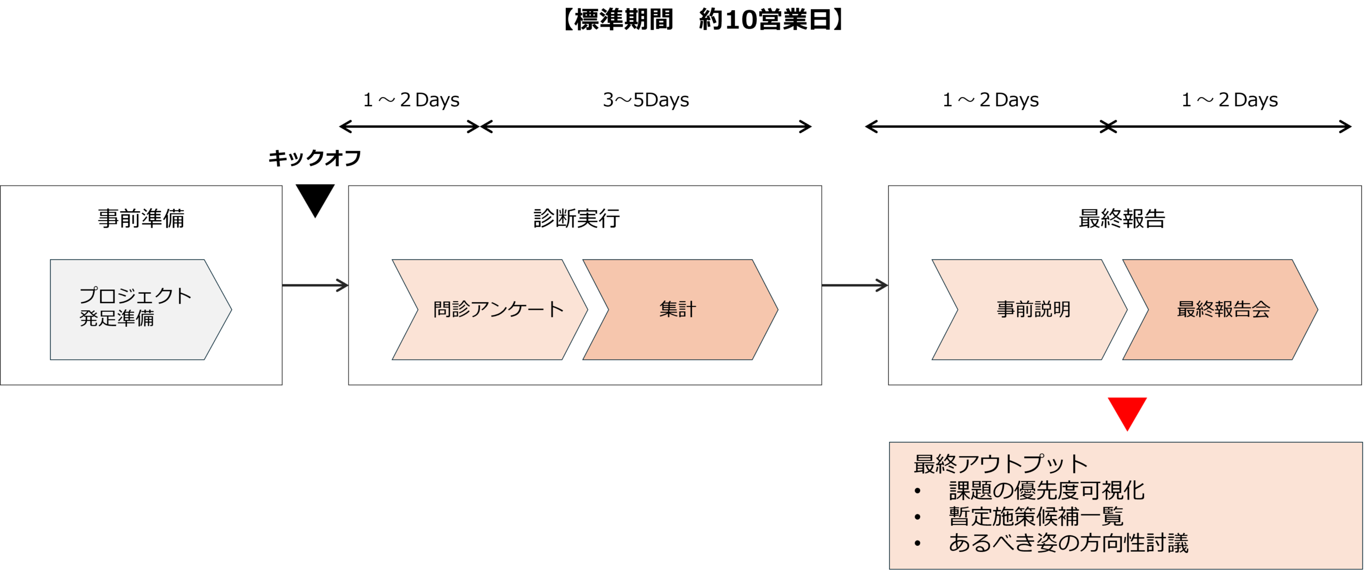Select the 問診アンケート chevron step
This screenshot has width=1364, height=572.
[490, 310]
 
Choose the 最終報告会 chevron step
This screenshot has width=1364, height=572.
[1220, 310]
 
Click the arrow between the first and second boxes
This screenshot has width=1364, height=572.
[315, 286]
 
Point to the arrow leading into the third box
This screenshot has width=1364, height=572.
[855, 286]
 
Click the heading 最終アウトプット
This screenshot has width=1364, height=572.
[1001, 464]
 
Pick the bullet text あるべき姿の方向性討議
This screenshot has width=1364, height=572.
[1069, 543]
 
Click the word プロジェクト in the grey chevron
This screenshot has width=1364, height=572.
[135, 296]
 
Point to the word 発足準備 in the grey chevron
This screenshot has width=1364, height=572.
[117, 318]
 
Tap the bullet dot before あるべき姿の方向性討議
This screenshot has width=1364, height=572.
[918, 544]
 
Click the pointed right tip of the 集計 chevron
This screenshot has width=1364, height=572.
[775, 310]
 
